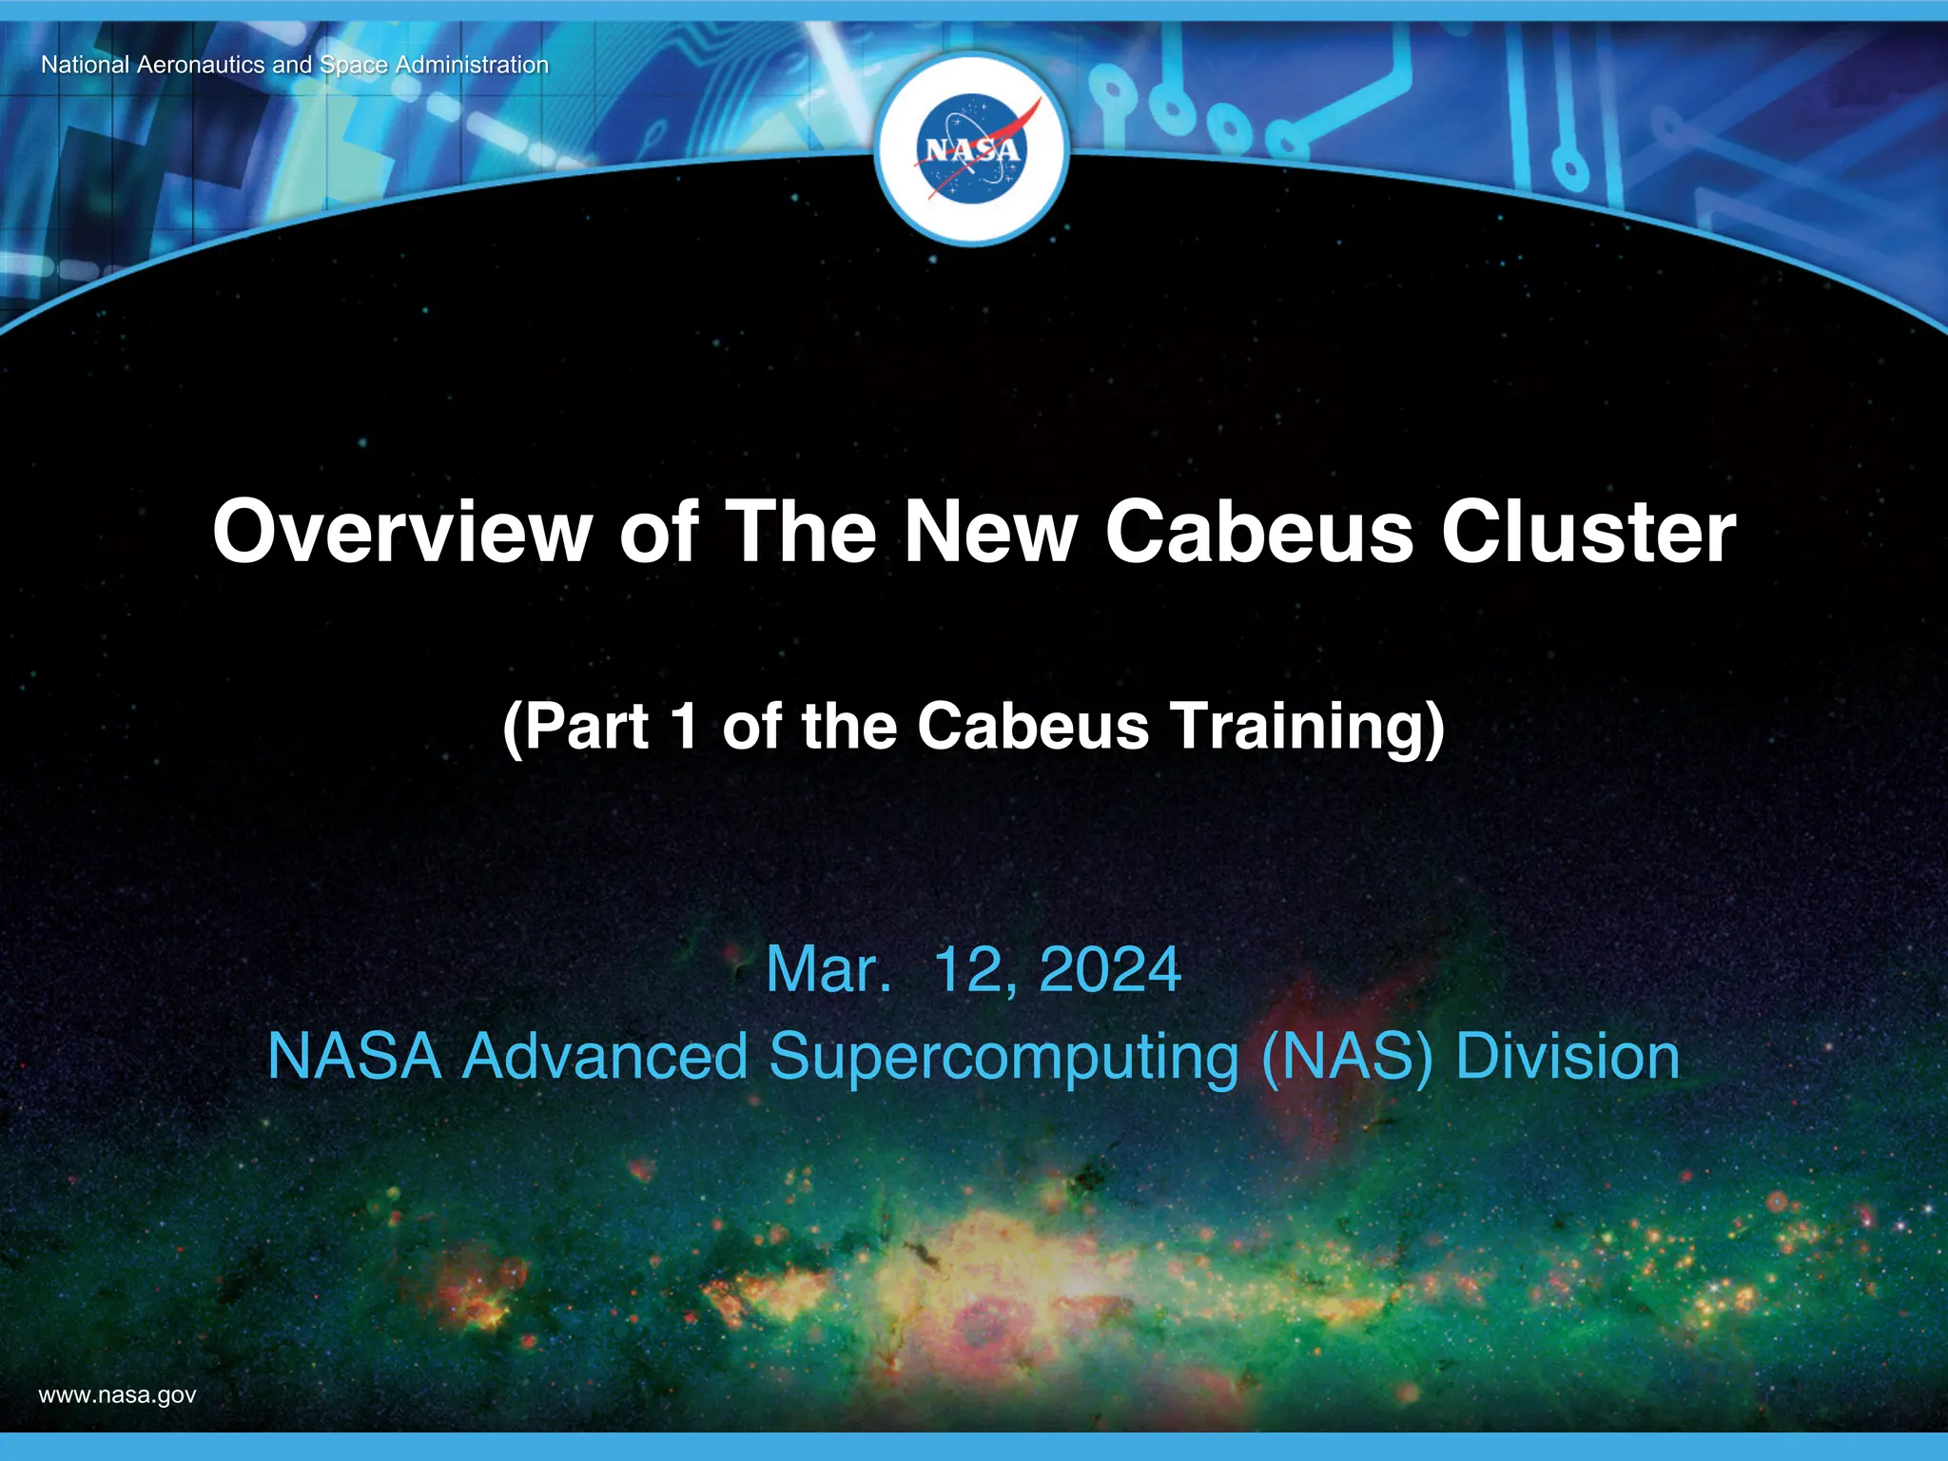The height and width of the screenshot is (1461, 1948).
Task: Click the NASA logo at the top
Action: pos(971,149)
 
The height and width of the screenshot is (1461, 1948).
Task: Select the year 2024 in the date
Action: pos(1109,970)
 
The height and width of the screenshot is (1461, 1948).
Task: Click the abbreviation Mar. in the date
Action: pos(828,970)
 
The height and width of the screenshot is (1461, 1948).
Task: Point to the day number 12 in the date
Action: pos(973,970)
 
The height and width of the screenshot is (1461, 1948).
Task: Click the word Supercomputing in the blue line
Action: pos(1003,1058)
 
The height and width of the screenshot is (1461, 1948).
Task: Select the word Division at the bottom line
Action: pos(1568,1056)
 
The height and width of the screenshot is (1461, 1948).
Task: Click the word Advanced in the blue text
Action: pos(605,1056)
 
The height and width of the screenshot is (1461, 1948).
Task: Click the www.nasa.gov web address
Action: pos(117,1395)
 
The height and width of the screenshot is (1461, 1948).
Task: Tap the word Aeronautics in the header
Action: pos(201,65)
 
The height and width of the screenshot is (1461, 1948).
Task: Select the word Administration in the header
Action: pos(472,65)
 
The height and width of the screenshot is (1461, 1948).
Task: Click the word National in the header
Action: pos(85,65)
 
